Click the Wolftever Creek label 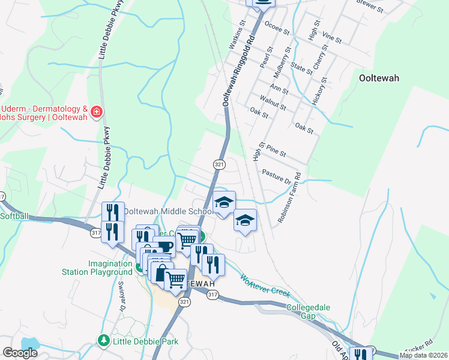pyautogui.click(x=265, y=286)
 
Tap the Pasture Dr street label pyautogui.click(x=276, y=176)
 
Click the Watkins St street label pyautogui.click(x=237, y=35)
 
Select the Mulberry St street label pyautogui.click(x=283, y=64)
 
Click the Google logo pyautogui.click(x=20, y=353)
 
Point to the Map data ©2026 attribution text pyautogui.click(x=423, y=355)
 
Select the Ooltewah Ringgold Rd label pyautogui.click(x=239, y=71)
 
